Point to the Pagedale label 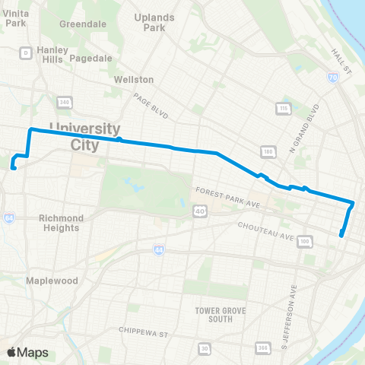coord(90,58)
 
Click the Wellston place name coord(134,79)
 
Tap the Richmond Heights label coord(60,223)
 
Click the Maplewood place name coord(52,281)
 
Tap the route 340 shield coord(65,102)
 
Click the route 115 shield coord(284,109)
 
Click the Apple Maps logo coord(27,352)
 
